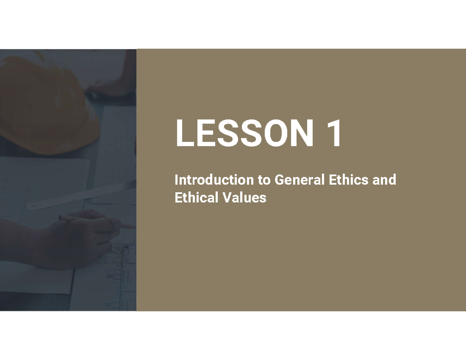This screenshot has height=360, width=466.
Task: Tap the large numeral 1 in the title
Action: click(x=332, y=133)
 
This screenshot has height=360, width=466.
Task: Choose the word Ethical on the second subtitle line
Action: click(x=194, y=198)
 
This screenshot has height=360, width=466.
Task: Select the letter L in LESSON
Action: click(x=184, y=133)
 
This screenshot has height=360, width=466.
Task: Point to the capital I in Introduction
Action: click(x=176, y=180)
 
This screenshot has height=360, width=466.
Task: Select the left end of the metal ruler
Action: click(x=33, y=206)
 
